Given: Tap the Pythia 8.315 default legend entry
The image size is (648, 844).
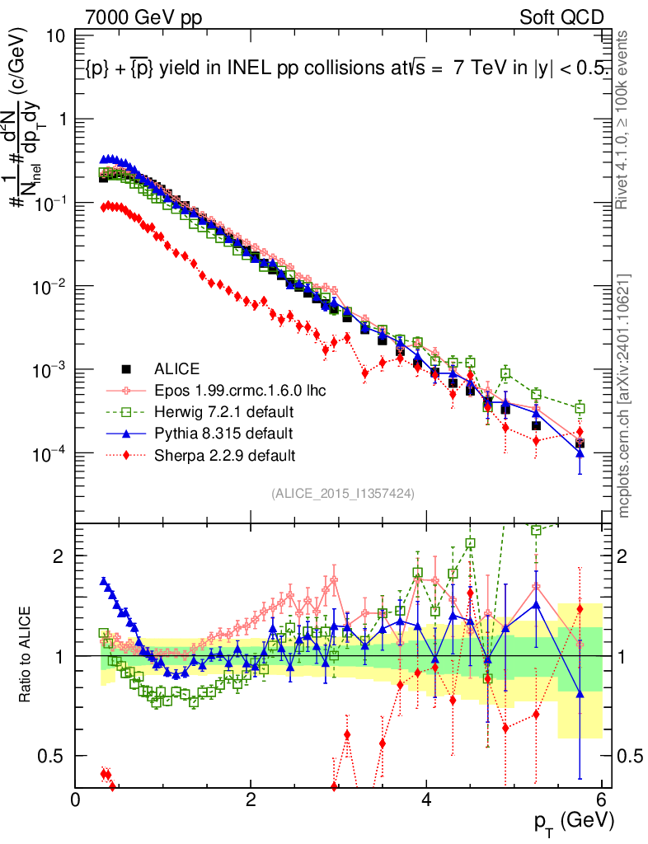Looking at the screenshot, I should tap(223, 433).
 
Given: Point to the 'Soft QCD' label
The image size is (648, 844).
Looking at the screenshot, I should tap(561, 17).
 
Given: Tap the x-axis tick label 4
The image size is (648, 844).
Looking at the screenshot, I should tap(427, 799).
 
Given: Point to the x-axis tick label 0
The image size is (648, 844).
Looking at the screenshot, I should tap(76, 799).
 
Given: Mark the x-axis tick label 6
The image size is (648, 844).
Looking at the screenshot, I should tap(603, 799).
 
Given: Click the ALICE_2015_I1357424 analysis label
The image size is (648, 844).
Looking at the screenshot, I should tap(342, 493).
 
